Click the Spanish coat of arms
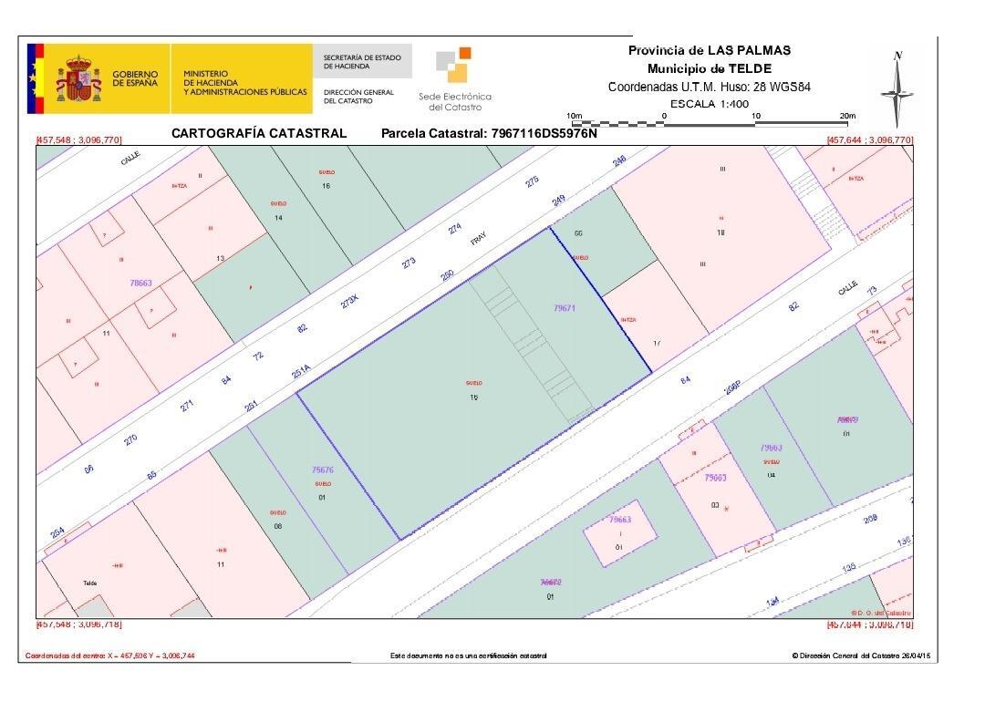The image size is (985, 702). click(x=78, y=79)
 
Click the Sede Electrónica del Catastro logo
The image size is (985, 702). click(x=454, y=78)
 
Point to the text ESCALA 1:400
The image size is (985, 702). click(x=709, y=104)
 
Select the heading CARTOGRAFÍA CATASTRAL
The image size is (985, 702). click(x=259, y=133)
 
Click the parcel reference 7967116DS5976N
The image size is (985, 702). click(x=544, y=133)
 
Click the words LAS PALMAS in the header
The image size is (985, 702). click(x=750, y=50)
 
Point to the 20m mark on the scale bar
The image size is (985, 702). click(x=846, y=116)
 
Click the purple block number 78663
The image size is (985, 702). click(x=140, y=284)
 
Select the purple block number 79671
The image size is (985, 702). click(x=565, y=308)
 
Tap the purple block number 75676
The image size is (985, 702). click(x=323, y=470)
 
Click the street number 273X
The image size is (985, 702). click(x=350, y=303)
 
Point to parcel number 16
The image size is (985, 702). click(x=326, y=186)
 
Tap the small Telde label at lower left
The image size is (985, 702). click(x=89, y=583)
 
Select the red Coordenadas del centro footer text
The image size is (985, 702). click(x=109, y=656)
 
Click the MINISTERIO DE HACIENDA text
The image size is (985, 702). click(x=244, y=83)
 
